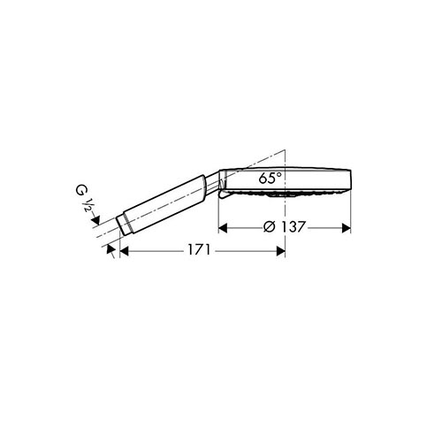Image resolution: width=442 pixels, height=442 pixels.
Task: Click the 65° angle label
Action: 270,178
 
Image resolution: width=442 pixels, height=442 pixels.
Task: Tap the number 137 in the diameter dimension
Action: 292,227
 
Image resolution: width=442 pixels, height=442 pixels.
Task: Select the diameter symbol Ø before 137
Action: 269,227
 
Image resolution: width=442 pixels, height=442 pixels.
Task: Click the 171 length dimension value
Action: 199,250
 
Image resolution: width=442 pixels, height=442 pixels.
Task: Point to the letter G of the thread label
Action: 80,191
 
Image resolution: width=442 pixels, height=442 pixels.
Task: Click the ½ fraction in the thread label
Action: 88,205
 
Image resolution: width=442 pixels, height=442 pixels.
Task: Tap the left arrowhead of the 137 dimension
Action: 223,228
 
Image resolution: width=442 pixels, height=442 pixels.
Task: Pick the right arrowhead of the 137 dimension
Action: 346,228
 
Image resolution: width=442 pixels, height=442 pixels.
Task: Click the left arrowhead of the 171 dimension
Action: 125,251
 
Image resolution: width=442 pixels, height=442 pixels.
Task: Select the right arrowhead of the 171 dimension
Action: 280,251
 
